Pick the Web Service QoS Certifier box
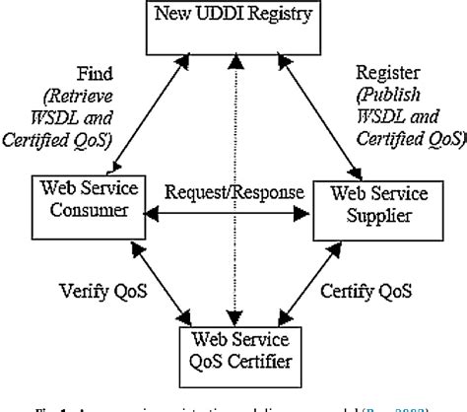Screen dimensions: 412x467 (233, 351)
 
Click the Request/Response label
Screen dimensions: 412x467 (233, 191)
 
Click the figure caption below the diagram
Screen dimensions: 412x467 (233, 403)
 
